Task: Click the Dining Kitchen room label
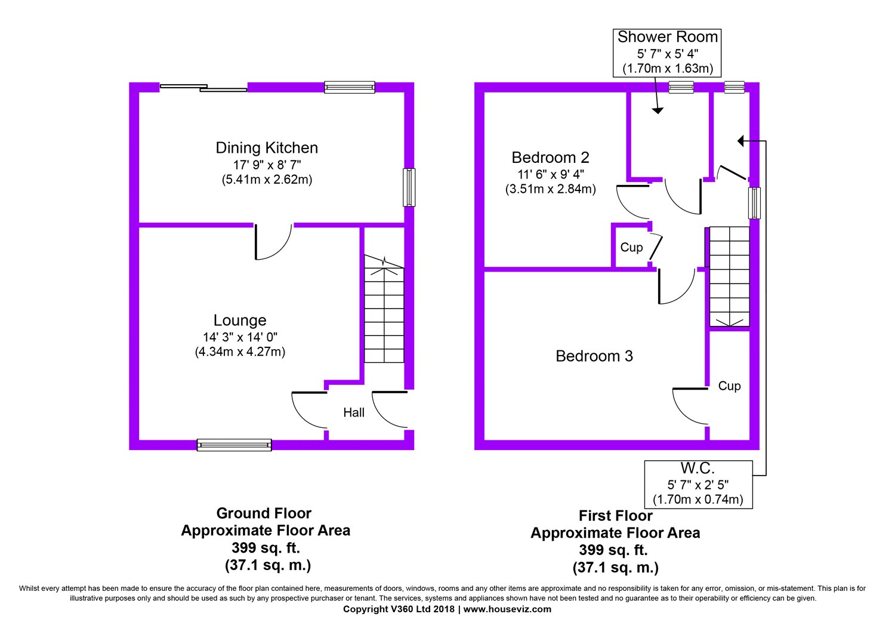(x=267, y=148)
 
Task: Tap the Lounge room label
(x=240, y=320)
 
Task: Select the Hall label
(x=354, y=412)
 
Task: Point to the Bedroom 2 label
(x=550, y=158)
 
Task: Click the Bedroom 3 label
(x=594, y=356)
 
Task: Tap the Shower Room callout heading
(x=667, y=37)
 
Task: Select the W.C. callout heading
(x=698, y=468)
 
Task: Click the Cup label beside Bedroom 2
(x=631, y=248)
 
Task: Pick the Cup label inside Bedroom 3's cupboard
(x=729, y=386)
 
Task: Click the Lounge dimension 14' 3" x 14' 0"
(x=240, y=337)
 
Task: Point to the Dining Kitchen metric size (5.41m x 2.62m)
(x=267, y=180)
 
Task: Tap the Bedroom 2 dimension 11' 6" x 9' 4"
(x=551, y=174)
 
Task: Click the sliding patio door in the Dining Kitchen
(x=203, y=88)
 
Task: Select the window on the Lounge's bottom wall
(x=234, y=445)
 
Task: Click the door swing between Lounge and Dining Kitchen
(x=274, y=242)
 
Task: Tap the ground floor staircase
(x=384, y=309)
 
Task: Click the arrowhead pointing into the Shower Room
(x=658, y=111)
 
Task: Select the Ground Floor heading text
(x=264, y=513)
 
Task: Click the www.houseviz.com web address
(x=507, y=609)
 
